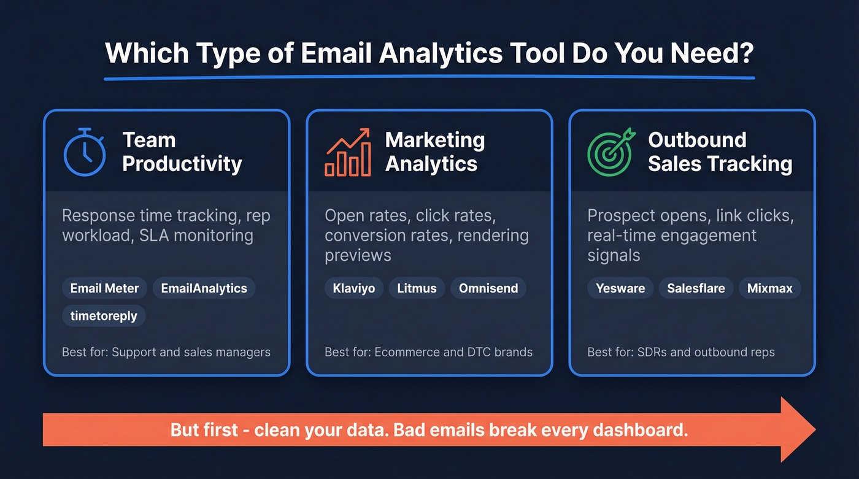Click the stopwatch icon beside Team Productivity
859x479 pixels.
[85, 152]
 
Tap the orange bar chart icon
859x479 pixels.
[348, 153]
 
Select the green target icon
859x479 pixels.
[609, 152]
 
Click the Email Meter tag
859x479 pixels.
[104, 288]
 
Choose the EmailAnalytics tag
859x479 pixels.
[204, 288]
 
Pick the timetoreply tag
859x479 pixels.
[104, 316]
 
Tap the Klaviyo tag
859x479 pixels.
[353, 288]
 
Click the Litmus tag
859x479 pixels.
[417, 288]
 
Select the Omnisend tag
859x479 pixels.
[488, 288]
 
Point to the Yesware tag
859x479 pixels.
[620, 288]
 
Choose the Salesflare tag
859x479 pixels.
[696, 288]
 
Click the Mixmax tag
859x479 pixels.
[769, 288]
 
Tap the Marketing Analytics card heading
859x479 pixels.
[434, 152]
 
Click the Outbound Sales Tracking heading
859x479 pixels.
[720, 152]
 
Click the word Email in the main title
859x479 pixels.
[338, 54]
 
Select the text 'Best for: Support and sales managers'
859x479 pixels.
[166, 352]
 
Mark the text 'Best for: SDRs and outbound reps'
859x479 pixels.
[680, 352]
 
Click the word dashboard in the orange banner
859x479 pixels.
[639, 429]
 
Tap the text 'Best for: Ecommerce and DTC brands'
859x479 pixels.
[428, 352]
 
